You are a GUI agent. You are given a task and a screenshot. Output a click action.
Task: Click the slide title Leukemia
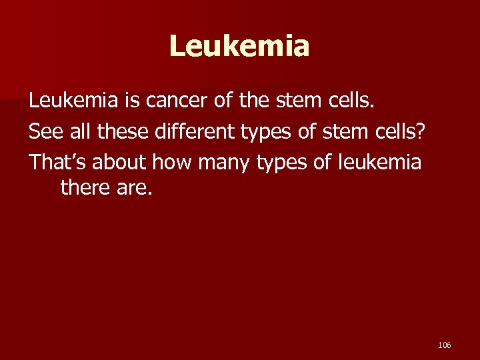239,47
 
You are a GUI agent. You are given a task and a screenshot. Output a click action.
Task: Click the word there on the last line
84,187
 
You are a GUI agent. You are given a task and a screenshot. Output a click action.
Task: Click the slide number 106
445,345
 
